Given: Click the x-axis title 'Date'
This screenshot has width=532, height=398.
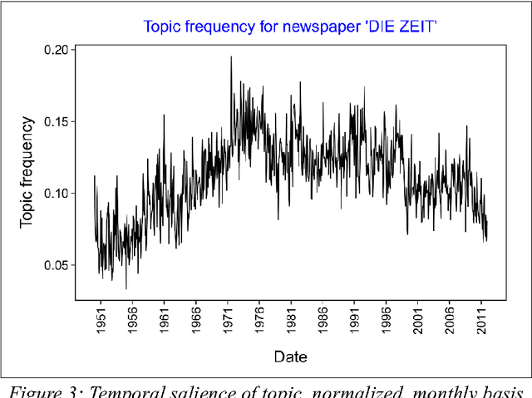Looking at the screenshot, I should click(x=290, y=357).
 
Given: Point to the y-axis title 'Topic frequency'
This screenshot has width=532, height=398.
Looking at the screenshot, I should click(x=27, y=172).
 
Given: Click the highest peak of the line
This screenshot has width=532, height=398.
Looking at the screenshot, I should click(x=231, y=57).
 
